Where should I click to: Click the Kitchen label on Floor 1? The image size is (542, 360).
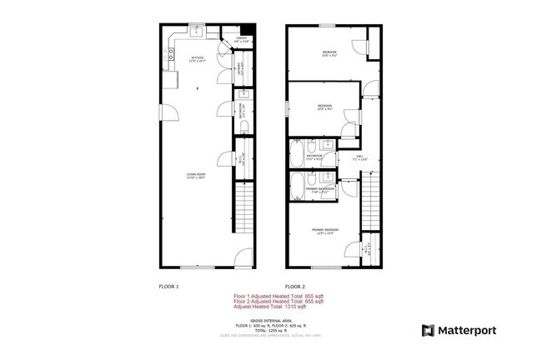pos(196,58)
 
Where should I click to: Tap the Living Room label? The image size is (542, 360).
pos(196,176)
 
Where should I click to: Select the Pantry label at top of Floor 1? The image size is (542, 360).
pos(242,39)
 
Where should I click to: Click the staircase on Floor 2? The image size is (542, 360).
pos(370,198)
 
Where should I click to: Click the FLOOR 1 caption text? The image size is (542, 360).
pos(169,286)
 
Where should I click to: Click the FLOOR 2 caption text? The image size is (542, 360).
pos(296,286)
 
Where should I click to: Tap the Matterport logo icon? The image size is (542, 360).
pos(429,330)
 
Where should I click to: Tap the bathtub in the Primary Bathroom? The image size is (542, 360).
pos(299,187)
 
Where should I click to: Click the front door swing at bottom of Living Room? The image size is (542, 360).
pos(241,259)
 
